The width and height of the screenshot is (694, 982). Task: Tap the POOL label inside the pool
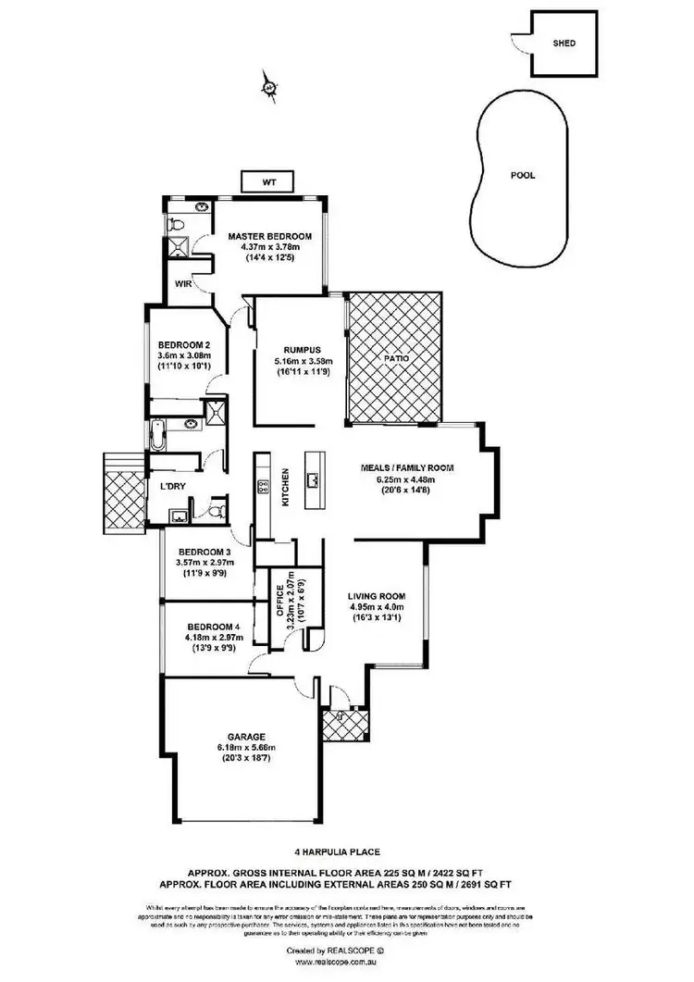point(523,175)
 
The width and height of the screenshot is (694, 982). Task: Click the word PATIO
point(396,357)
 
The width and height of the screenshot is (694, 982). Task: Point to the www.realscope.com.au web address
point(346,963)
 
